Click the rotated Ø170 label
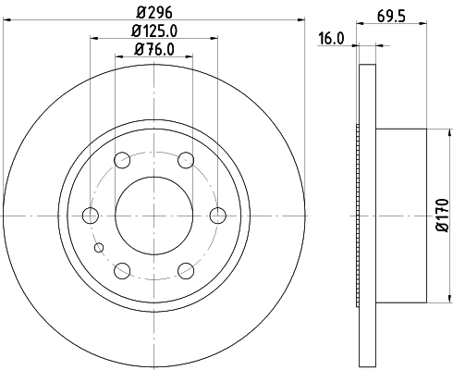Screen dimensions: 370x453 [x=441, y=216]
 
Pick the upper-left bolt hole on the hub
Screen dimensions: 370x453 [x=122, y=160]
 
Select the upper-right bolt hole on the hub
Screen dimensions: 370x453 [x=186, y=160]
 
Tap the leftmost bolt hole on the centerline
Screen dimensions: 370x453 [x=91, y=216]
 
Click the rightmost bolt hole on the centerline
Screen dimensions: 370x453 [x=218, y=216]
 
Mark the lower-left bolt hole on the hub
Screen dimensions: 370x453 [x=122, y=270]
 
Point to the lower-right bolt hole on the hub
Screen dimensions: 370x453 [x=186, y=270]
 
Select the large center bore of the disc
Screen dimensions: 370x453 [x=153, y=216]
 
